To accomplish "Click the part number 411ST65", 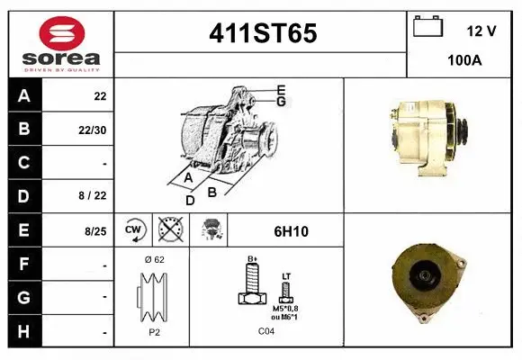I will [x=262, y=34].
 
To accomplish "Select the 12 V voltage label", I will [x=481, y=31].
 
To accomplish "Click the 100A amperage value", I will [x=464, y=60].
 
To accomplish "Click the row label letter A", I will [x=23, y=96].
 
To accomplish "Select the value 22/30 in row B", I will [x=94, y=130].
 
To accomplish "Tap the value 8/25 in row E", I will [x=94, y=231].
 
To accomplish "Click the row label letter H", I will [x=23, y=331].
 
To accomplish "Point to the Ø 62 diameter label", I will [x=153, y=259].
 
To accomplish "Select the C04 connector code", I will [x=265, y=331].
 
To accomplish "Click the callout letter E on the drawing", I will [x=281, y=89].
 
